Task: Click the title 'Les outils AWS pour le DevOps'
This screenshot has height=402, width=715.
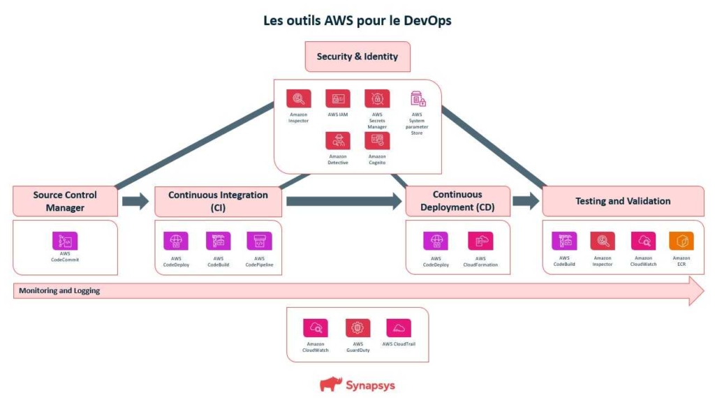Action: pyautogui.click(x=357, y=20)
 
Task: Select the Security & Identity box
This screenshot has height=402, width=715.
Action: pyautogui.click(x=357, y=57)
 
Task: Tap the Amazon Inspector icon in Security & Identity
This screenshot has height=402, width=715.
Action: pyautogui.click(x=298, y=98)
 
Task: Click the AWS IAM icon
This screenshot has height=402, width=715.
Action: pyautogui.click(x=338, y=98)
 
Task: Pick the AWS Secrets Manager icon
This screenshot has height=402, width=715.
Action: pyautogui.click(x=377, y=98)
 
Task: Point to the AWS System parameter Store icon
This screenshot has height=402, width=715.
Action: pyautogui.click(x=417, y=98)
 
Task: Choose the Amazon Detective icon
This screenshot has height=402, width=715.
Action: pyautogui.click(x=338, y=140)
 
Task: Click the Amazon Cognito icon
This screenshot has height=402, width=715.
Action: pyautogui.click(x=377, y=140)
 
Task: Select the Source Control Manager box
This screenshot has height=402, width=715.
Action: pyautogui.click(x=65, y=201)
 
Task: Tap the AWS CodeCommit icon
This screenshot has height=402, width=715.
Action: pyautogui.click(x=65, y=241)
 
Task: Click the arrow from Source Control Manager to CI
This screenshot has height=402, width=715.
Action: pyautogui.click(x=135, y=202)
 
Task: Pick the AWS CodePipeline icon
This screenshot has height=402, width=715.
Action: pyautogui.click(x=259, y=241)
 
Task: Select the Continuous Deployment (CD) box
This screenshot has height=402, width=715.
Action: pyautogui.click(x=457, y=201)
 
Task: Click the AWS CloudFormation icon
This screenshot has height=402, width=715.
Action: pyautogui.click(x=480, y=241)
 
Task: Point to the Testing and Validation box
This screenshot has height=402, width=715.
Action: pyautogui.click(x=623, y=201)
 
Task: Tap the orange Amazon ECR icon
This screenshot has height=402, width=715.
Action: pyautogui.click(x=681, y=241)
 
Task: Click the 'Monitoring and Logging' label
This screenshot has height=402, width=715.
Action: pyautogui.click(x=59, y=291)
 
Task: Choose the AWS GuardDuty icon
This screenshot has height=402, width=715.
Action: pyautogui.click(x=358, y=328)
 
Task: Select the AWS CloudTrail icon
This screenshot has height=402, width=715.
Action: pyautogui.click(x=399, y=328)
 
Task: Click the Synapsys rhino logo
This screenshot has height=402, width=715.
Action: pyautogui.click(x=331, y=384)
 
